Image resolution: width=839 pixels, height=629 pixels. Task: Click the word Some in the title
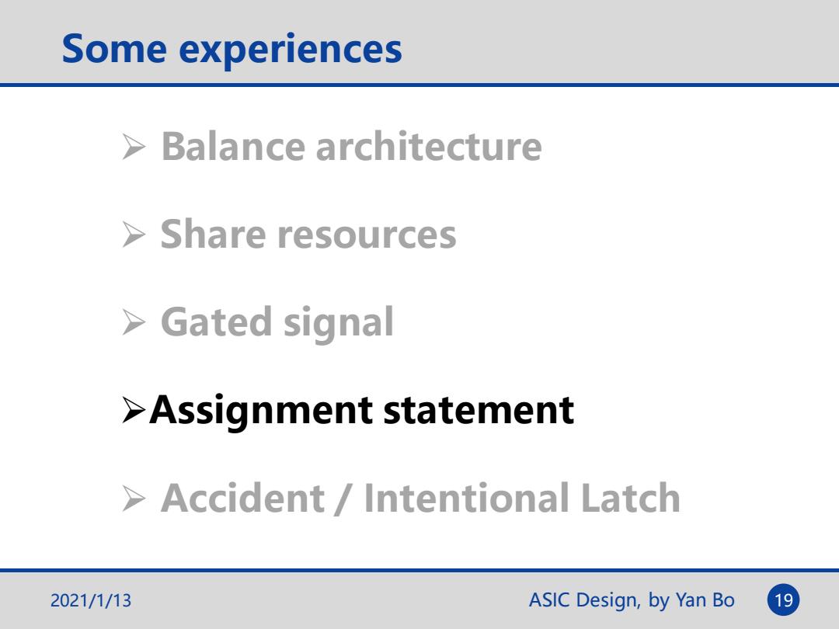114,49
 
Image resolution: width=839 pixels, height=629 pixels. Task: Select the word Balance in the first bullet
233,146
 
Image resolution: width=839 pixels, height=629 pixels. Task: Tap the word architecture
429,146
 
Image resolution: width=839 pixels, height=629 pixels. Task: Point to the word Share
213,235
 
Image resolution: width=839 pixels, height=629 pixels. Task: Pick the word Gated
216,322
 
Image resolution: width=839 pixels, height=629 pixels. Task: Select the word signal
338,324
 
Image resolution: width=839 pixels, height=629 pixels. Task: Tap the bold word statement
479,411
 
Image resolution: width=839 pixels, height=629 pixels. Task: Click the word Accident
242,498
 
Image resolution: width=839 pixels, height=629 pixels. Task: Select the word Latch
630,498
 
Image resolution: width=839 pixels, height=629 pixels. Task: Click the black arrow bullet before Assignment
134,410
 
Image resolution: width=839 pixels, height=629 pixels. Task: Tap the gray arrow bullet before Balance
134,147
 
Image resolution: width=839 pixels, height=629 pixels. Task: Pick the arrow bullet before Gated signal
134,322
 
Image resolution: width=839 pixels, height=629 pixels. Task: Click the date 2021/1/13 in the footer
90,600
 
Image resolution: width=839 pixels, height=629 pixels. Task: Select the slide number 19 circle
783,600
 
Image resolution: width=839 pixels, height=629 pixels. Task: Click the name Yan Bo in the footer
705,600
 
